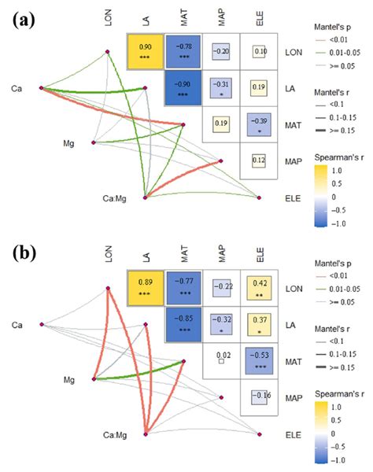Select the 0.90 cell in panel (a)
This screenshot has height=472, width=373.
[145, 52]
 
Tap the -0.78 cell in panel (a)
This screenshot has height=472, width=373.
[183, 52]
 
